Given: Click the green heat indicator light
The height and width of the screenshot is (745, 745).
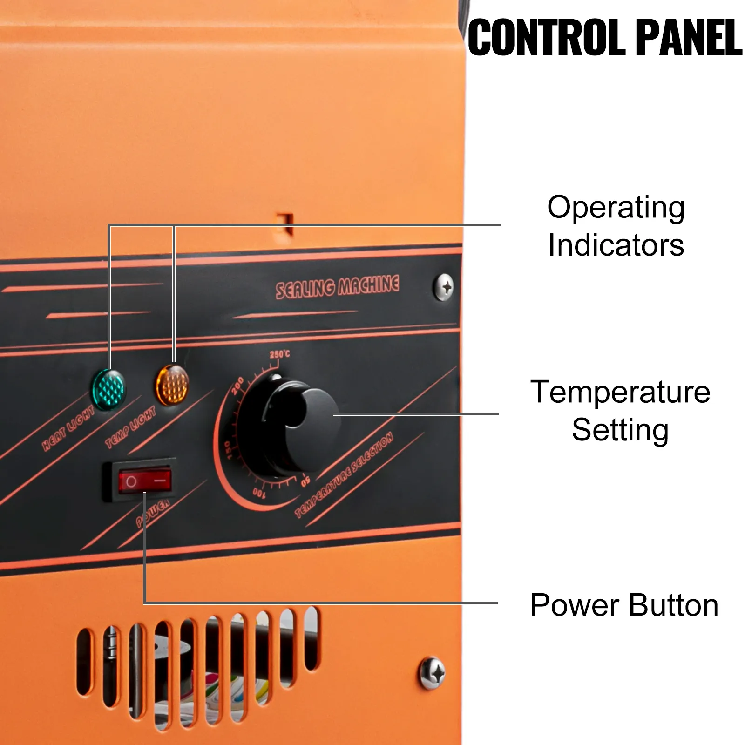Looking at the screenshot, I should coord(108,390).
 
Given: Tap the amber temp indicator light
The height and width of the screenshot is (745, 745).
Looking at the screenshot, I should coord(172,385).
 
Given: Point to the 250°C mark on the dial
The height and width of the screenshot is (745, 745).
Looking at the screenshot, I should coord(279,354).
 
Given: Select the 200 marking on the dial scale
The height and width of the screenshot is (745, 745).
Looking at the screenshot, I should coord(237,386).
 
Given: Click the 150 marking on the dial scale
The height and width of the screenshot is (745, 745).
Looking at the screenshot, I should coord(227,450).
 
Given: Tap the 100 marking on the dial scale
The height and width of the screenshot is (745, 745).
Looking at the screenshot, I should coord(258,492).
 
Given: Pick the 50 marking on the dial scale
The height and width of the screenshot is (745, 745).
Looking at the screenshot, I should coord(305,480).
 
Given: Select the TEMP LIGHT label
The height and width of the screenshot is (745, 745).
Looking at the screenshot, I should coord(130,427).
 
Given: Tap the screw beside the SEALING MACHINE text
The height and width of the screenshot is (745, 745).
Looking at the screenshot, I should coord(443,287).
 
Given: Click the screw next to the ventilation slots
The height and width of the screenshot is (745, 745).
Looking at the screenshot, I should coord(433,672).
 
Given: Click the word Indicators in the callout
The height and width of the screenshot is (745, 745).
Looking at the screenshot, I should coord(616,245).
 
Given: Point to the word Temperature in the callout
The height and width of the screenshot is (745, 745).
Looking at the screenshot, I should coord(620,392).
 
